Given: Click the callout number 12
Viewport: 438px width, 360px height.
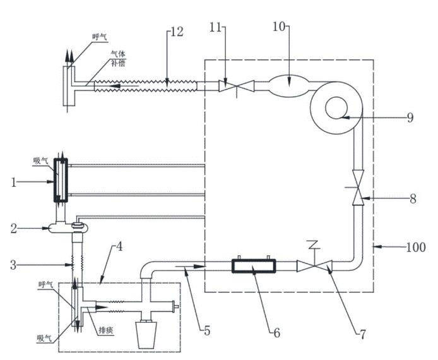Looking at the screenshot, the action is (x=177, y=32).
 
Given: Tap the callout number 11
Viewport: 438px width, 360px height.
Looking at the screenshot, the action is (x=215, y=27).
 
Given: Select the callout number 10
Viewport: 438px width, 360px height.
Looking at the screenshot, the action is (x=279, y=27).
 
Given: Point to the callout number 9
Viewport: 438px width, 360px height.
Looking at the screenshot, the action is (x=410, y=117).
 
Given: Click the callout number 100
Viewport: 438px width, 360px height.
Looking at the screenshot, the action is (x=416, y=247).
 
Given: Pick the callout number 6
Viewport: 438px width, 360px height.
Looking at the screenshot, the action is (x=277, y=333).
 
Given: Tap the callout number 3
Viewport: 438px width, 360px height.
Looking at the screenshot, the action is (x=13, y=265).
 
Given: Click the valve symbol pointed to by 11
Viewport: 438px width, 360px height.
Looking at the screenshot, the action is (x=236, y=86).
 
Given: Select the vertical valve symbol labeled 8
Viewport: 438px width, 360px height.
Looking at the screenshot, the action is (x=358, y=188).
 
